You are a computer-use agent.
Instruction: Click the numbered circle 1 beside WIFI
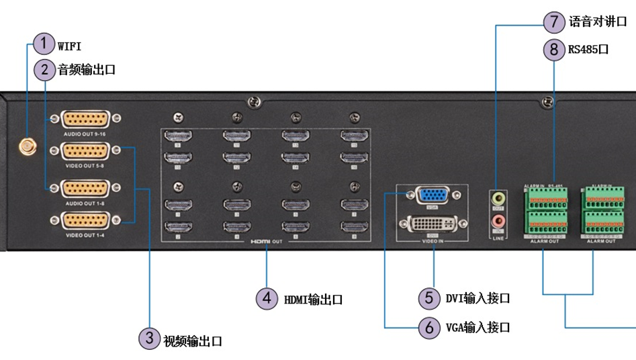pyautogui.click(x=44, y=44)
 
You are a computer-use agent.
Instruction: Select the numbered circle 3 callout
pyautogui.click(x=149, y=339)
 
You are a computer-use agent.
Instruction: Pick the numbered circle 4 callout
pyautogui.click(x=267, y=298)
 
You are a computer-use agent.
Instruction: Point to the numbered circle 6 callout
pyautogui.click(x=429, y=327)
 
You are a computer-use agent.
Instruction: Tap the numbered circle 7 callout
pyautogui.click(x=553, y=21)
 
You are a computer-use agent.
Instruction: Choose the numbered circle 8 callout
pyautogui.click(x=553, y=49)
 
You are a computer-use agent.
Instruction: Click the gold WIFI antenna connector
pyautogui.click(x=28, y=146)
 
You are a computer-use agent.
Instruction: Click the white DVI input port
pyautogui.click(x=433, y=224)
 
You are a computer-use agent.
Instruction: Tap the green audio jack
pyautogui.click(x=498, y=199)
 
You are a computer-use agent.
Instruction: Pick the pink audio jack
pyautogui.click(x=498, y=220)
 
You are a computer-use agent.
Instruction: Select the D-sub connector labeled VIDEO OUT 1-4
pyautogui.click(x=86, y=220)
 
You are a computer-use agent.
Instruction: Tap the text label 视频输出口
pyautogui.click(x=192, y=341)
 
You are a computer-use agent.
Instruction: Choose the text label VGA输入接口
pyautogui.click(x=478, y=328)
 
